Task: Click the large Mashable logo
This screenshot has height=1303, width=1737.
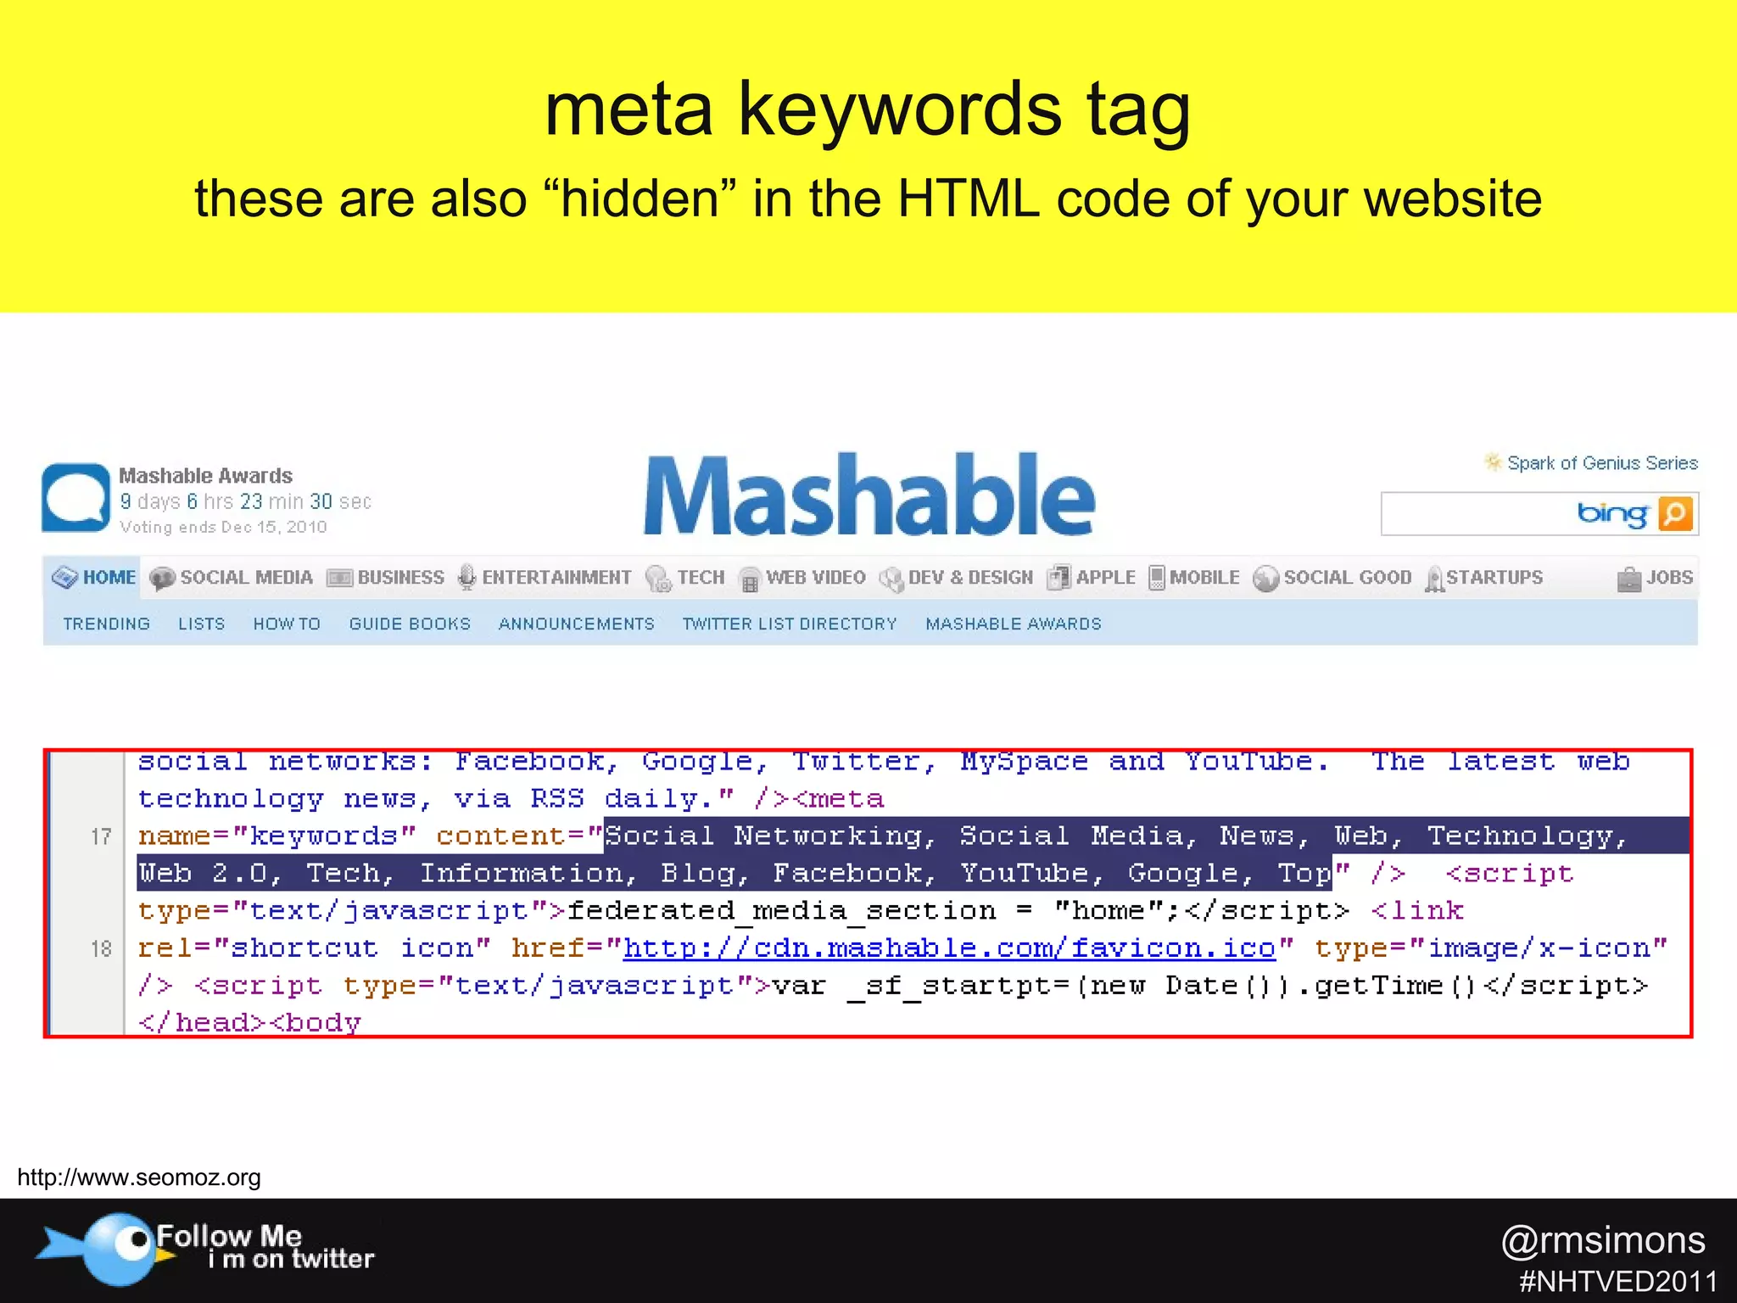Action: click(x=869, y=495)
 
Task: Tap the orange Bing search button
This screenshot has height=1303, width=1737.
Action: click(x=1676, y=514)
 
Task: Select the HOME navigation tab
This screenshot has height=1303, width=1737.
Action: click(x=94, y=578)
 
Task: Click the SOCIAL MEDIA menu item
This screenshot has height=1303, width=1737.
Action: click(x=232, y=578)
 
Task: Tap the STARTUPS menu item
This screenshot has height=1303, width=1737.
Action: click(x=1484, y=578)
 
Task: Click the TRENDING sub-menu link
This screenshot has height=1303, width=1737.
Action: click(x=106, y=624)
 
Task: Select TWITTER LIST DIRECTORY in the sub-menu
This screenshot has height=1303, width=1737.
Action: click(x=790, y=624)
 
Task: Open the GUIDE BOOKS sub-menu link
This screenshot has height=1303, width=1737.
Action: click(x=410, y=624)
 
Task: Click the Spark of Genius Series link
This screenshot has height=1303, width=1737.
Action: click(x=1601, y=463)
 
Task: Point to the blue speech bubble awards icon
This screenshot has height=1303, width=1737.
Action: click(x=75, y=498)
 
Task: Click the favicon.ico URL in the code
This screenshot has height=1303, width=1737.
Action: click(x=949, y=948)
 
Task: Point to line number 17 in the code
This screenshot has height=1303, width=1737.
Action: click(x=101, y=837)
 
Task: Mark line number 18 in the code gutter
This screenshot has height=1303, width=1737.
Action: click(x=101, y=948)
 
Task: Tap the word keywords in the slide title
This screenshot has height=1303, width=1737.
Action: click(x=899, y=110)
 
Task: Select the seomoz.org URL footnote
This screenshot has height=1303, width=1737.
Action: click(x=139, y=1177)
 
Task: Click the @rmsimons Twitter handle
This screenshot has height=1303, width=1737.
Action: click(x=1603, y=1240)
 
